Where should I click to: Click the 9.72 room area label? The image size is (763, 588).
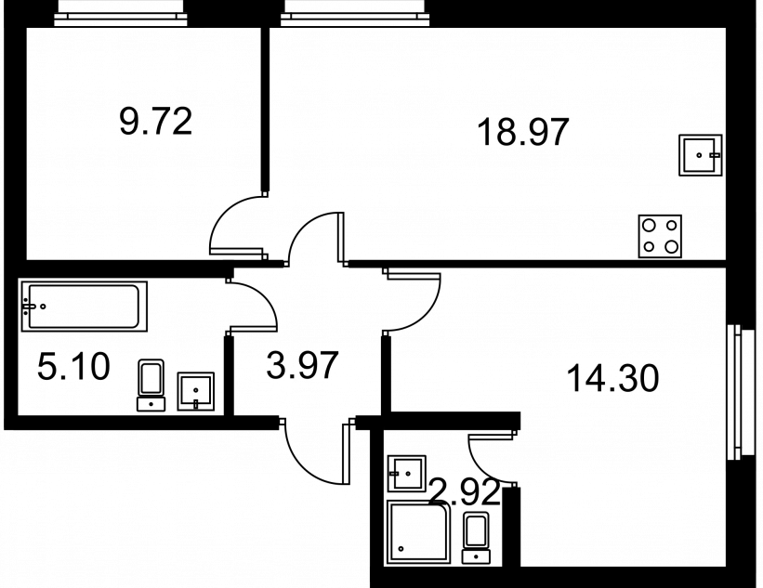[x=156, y=122]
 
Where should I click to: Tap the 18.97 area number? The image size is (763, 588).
[x=523, y=132]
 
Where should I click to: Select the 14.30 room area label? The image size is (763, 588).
[x=613, y=378]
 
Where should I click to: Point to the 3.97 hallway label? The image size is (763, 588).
[x=302, y=366]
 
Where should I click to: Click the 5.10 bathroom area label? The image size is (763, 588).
[x=73, y=367]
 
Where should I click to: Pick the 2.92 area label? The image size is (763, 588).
[x=465, y=492]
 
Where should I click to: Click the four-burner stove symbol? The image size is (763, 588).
[x=660, y=236]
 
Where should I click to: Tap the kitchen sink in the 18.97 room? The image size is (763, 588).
[x=700, y=155]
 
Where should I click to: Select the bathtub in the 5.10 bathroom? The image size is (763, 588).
[x=85, y=307]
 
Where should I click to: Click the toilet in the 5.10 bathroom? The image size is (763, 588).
[x=151, y=385]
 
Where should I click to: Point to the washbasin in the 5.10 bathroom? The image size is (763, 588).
[x=195, y=391]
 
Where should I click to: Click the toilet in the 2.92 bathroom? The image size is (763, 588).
[x=477, y=538]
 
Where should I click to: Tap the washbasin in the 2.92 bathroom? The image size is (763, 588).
[x=407, y=474]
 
